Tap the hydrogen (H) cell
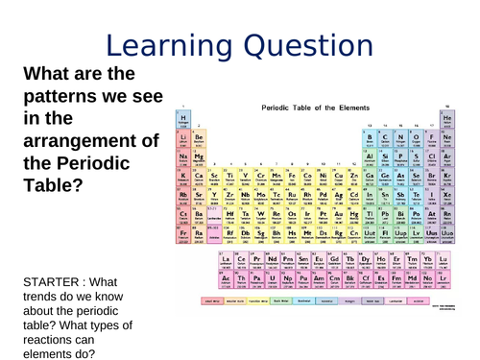182,119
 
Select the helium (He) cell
446,119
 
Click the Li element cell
182,139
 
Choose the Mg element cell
198,157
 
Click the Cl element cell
431,157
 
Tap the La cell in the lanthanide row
226,260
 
